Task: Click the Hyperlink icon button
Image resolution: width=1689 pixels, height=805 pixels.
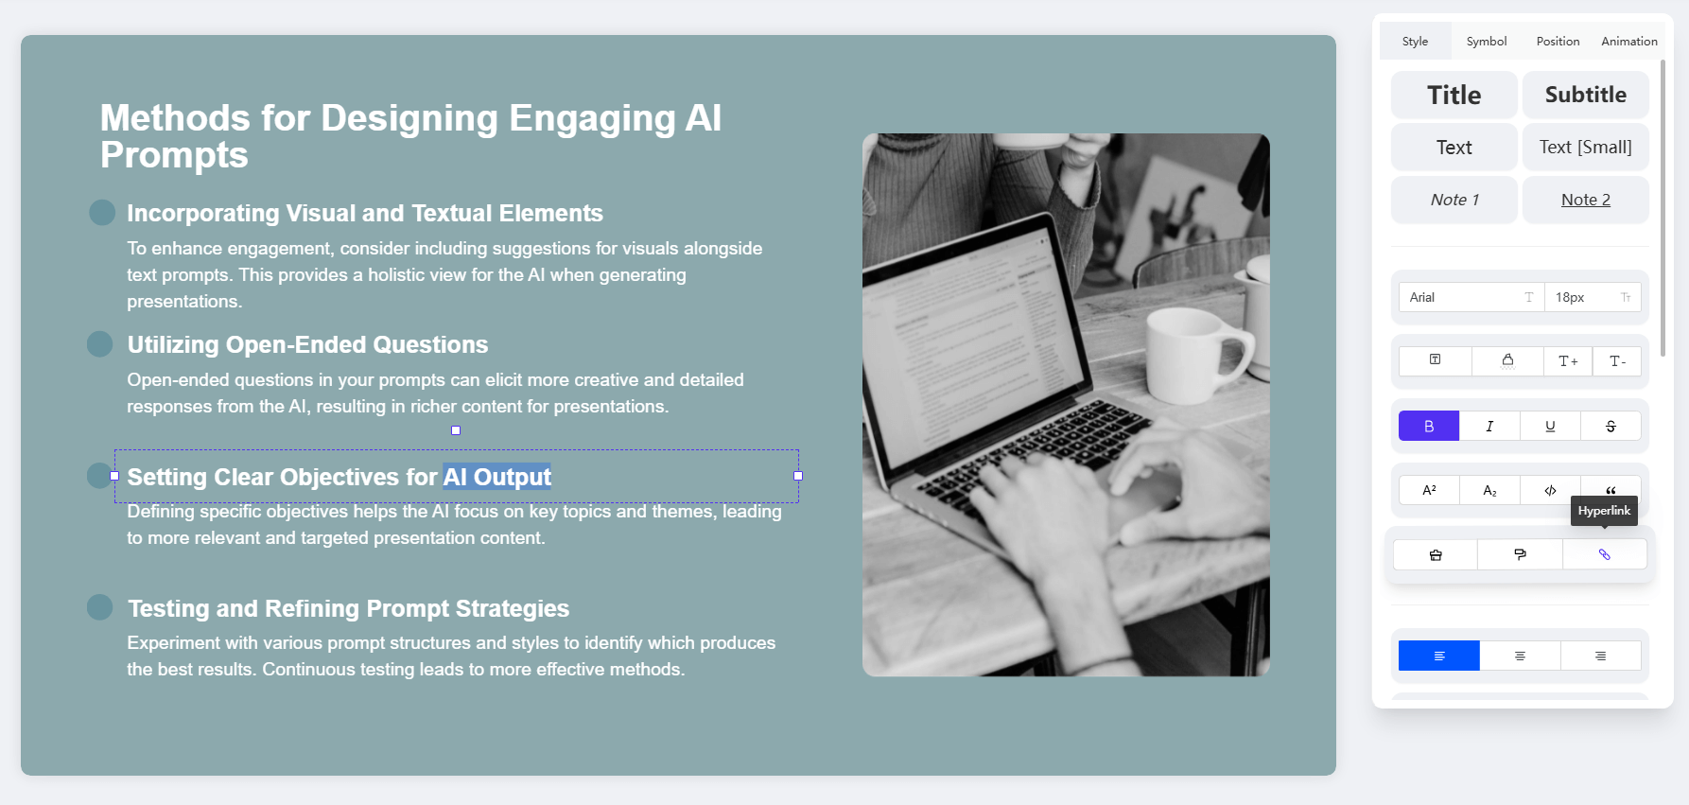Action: [1604, 554]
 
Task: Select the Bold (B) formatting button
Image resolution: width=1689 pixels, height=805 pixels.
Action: [1429, 426]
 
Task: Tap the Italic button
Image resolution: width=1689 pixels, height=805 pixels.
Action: [1489, 426]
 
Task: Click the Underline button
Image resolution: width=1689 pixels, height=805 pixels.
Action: [1550, 426]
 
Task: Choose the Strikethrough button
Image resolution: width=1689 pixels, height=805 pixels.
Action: [1611, 426]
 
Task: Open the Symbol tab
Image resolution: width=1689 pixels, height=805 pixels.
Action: [1487, 42]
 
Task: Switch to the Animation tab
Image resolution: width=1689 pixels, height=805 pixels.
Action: [1629, 42]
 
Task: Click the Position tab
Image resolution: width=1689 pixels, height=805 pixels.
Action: [1558, 42]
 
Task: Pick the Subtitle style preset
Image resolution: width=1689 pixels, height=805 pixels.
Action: [1586, 95]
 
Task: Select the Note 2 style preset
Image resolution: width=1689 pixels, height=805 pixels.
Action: [1586, 200]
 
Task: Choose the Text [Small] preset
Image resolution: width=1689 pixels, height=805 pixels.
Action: [1586, 147]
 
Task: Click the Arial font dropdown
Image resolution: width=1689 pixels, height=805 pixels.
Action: [1471, 297]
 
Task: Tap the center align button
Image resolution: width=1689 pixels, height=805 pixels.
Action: [1520, 656]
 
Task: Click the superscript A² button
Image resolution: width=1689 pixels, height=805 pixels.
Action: [1429, 490]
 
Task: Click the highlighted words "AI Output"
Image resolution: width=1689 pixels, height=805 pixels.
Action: [496, 477]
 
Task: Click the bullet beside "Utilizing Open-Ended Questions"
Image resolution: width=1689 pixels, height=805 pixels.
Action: [99, 344]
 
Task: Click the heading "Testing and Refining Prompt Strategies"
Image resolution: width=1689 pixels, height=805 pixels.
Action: [348, 608]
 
